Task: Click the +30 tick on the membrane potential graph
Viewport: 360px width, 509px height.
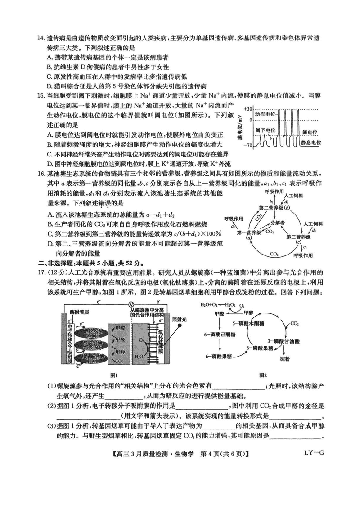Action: coord(249,109)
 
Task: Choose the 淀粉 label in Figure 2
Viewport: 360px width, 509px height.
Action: coord(285,359)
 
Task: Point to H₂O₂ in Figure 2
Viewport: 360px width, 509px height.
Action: coord(230,304)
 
